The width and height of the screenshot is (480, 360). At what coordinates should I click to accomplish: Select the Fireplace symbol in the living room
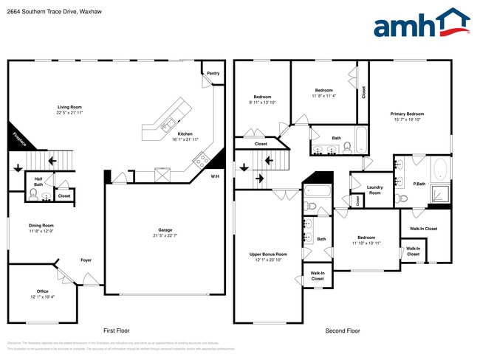(18, 137)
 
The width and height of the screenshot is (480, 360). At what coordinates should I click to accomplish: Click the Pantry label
(213, 73)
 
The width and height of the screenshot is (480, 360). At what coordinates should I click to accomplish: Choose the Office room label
(42, 291)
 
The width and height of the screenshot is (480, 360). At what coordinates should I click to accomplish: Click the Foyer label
(86, 260)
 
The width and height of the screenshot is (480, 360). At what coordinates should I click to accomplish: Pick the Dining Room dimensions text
(41, 231)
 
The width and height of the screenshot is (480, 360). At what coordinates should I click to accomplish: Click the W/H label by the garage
(215, 176)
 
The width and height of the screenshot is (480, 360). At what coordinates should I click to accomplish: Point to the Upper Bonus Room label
(268, 254)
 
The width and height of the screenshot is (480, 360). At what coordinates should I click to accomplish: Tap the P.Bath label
(419, 184)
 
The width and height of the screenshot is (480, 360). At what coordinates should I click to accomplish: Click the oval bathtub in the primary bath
(441, 168)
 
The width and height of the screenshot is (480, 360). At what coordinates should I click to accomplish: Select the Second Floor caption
(343, 331)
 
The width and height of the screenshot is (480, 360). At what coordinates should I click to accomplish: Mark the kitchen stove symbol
(199, 159)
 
